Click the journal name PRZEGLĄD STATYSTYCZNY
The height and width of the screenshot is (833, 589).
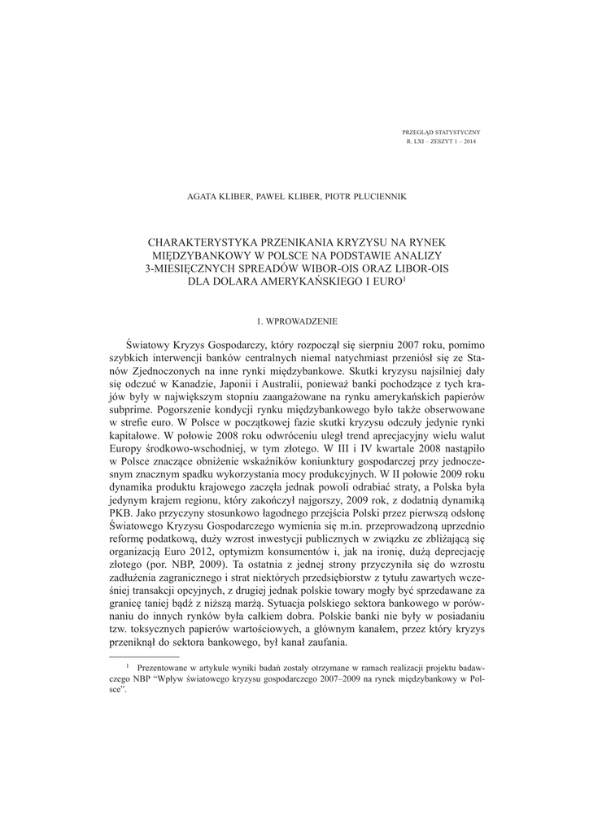442,132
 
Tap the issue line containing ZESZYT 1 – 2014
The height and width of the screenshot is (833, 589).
442,142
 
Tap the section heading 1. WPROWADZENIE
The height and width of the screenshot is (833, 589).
294,321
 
